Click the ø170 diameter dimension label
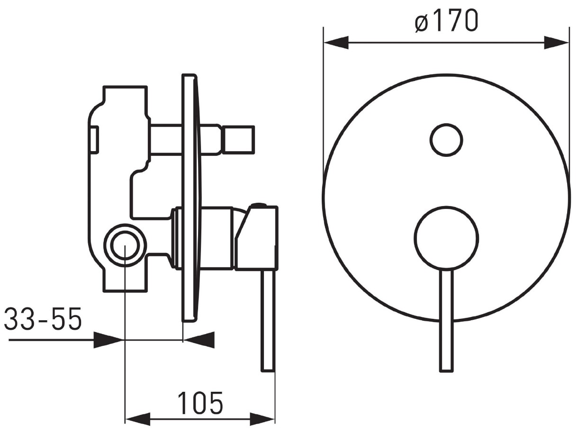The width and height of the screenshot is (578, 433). (446, 20)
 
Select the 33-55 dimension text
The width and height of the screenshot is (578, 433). (43, 319)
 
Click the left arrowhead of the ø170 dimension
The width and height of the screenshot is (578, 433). (336, 42)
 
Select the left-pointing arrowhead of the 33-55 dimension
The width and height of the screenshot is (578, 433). (199, 340)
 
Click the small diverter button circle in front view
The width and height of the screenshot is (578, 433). (446, 140)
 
